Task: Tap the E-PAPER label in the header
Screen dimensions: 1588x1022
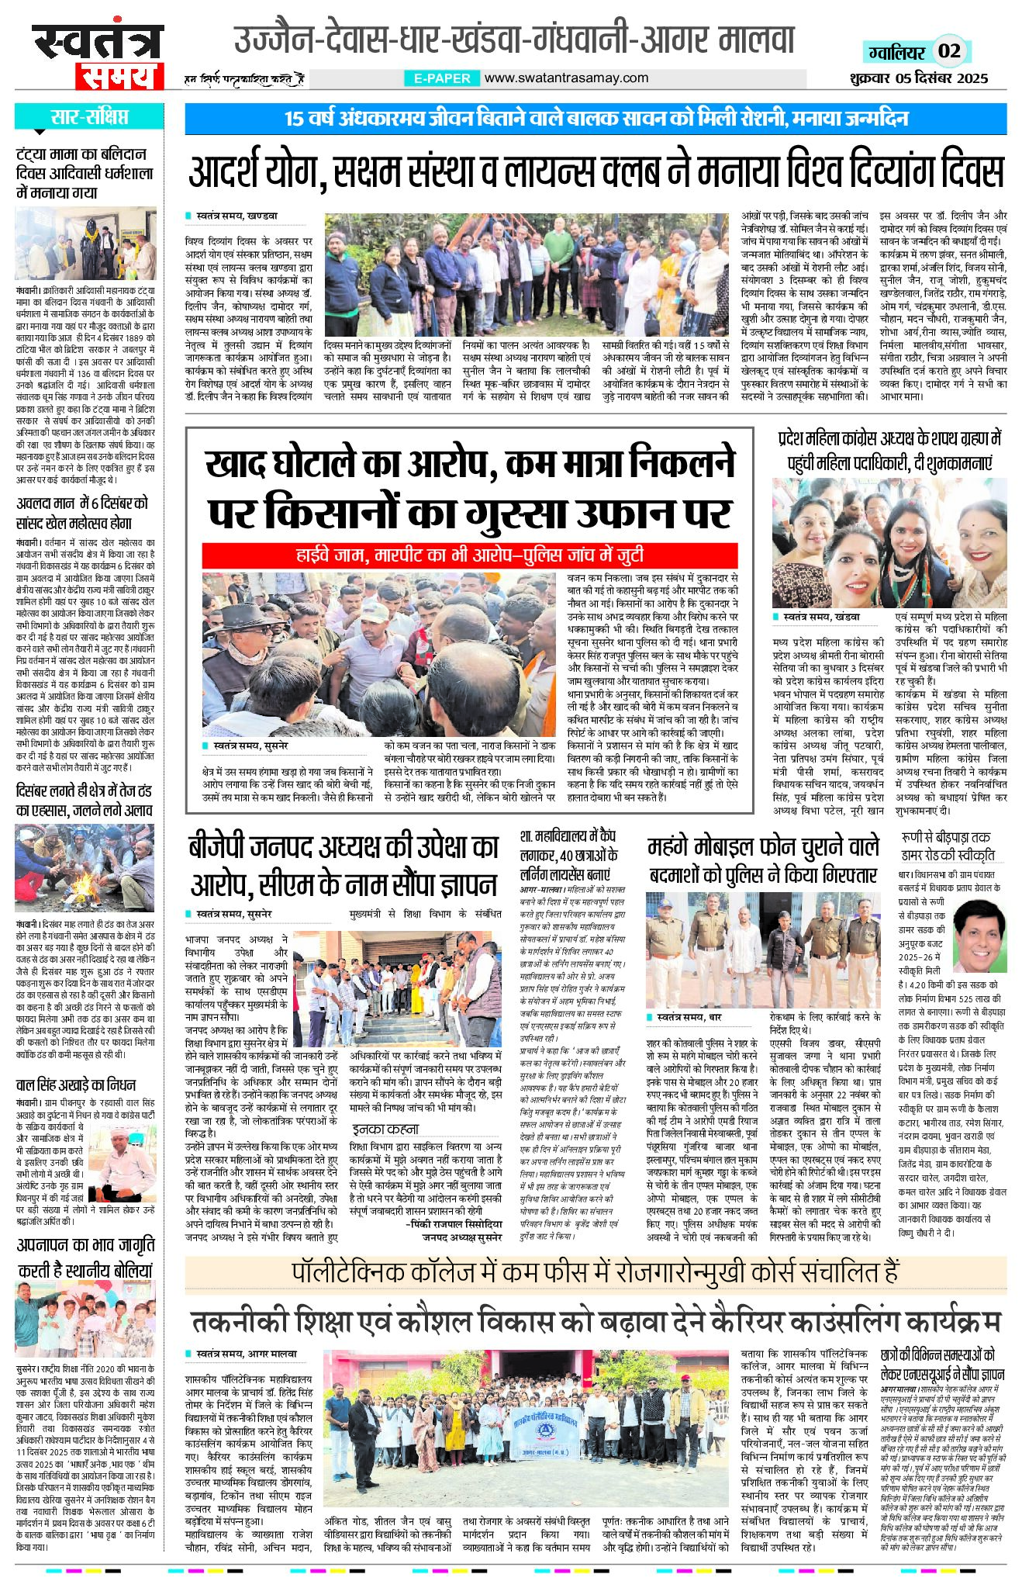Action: point(442,78)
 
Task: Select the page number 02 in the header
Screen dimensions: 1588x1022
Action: point(949,52)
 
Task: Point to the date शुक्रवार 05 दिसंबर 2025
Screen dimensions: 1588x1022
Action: point(926,78)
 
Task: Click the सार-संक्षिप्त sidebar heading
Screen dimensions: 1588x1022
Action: point(88,118)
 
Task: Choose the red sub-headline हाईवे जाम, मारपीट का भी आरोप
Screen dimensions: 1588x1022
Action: point(469,555)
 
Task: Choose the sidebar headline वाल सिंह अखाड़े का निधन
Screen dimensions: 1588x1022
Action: point(76,1084)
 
